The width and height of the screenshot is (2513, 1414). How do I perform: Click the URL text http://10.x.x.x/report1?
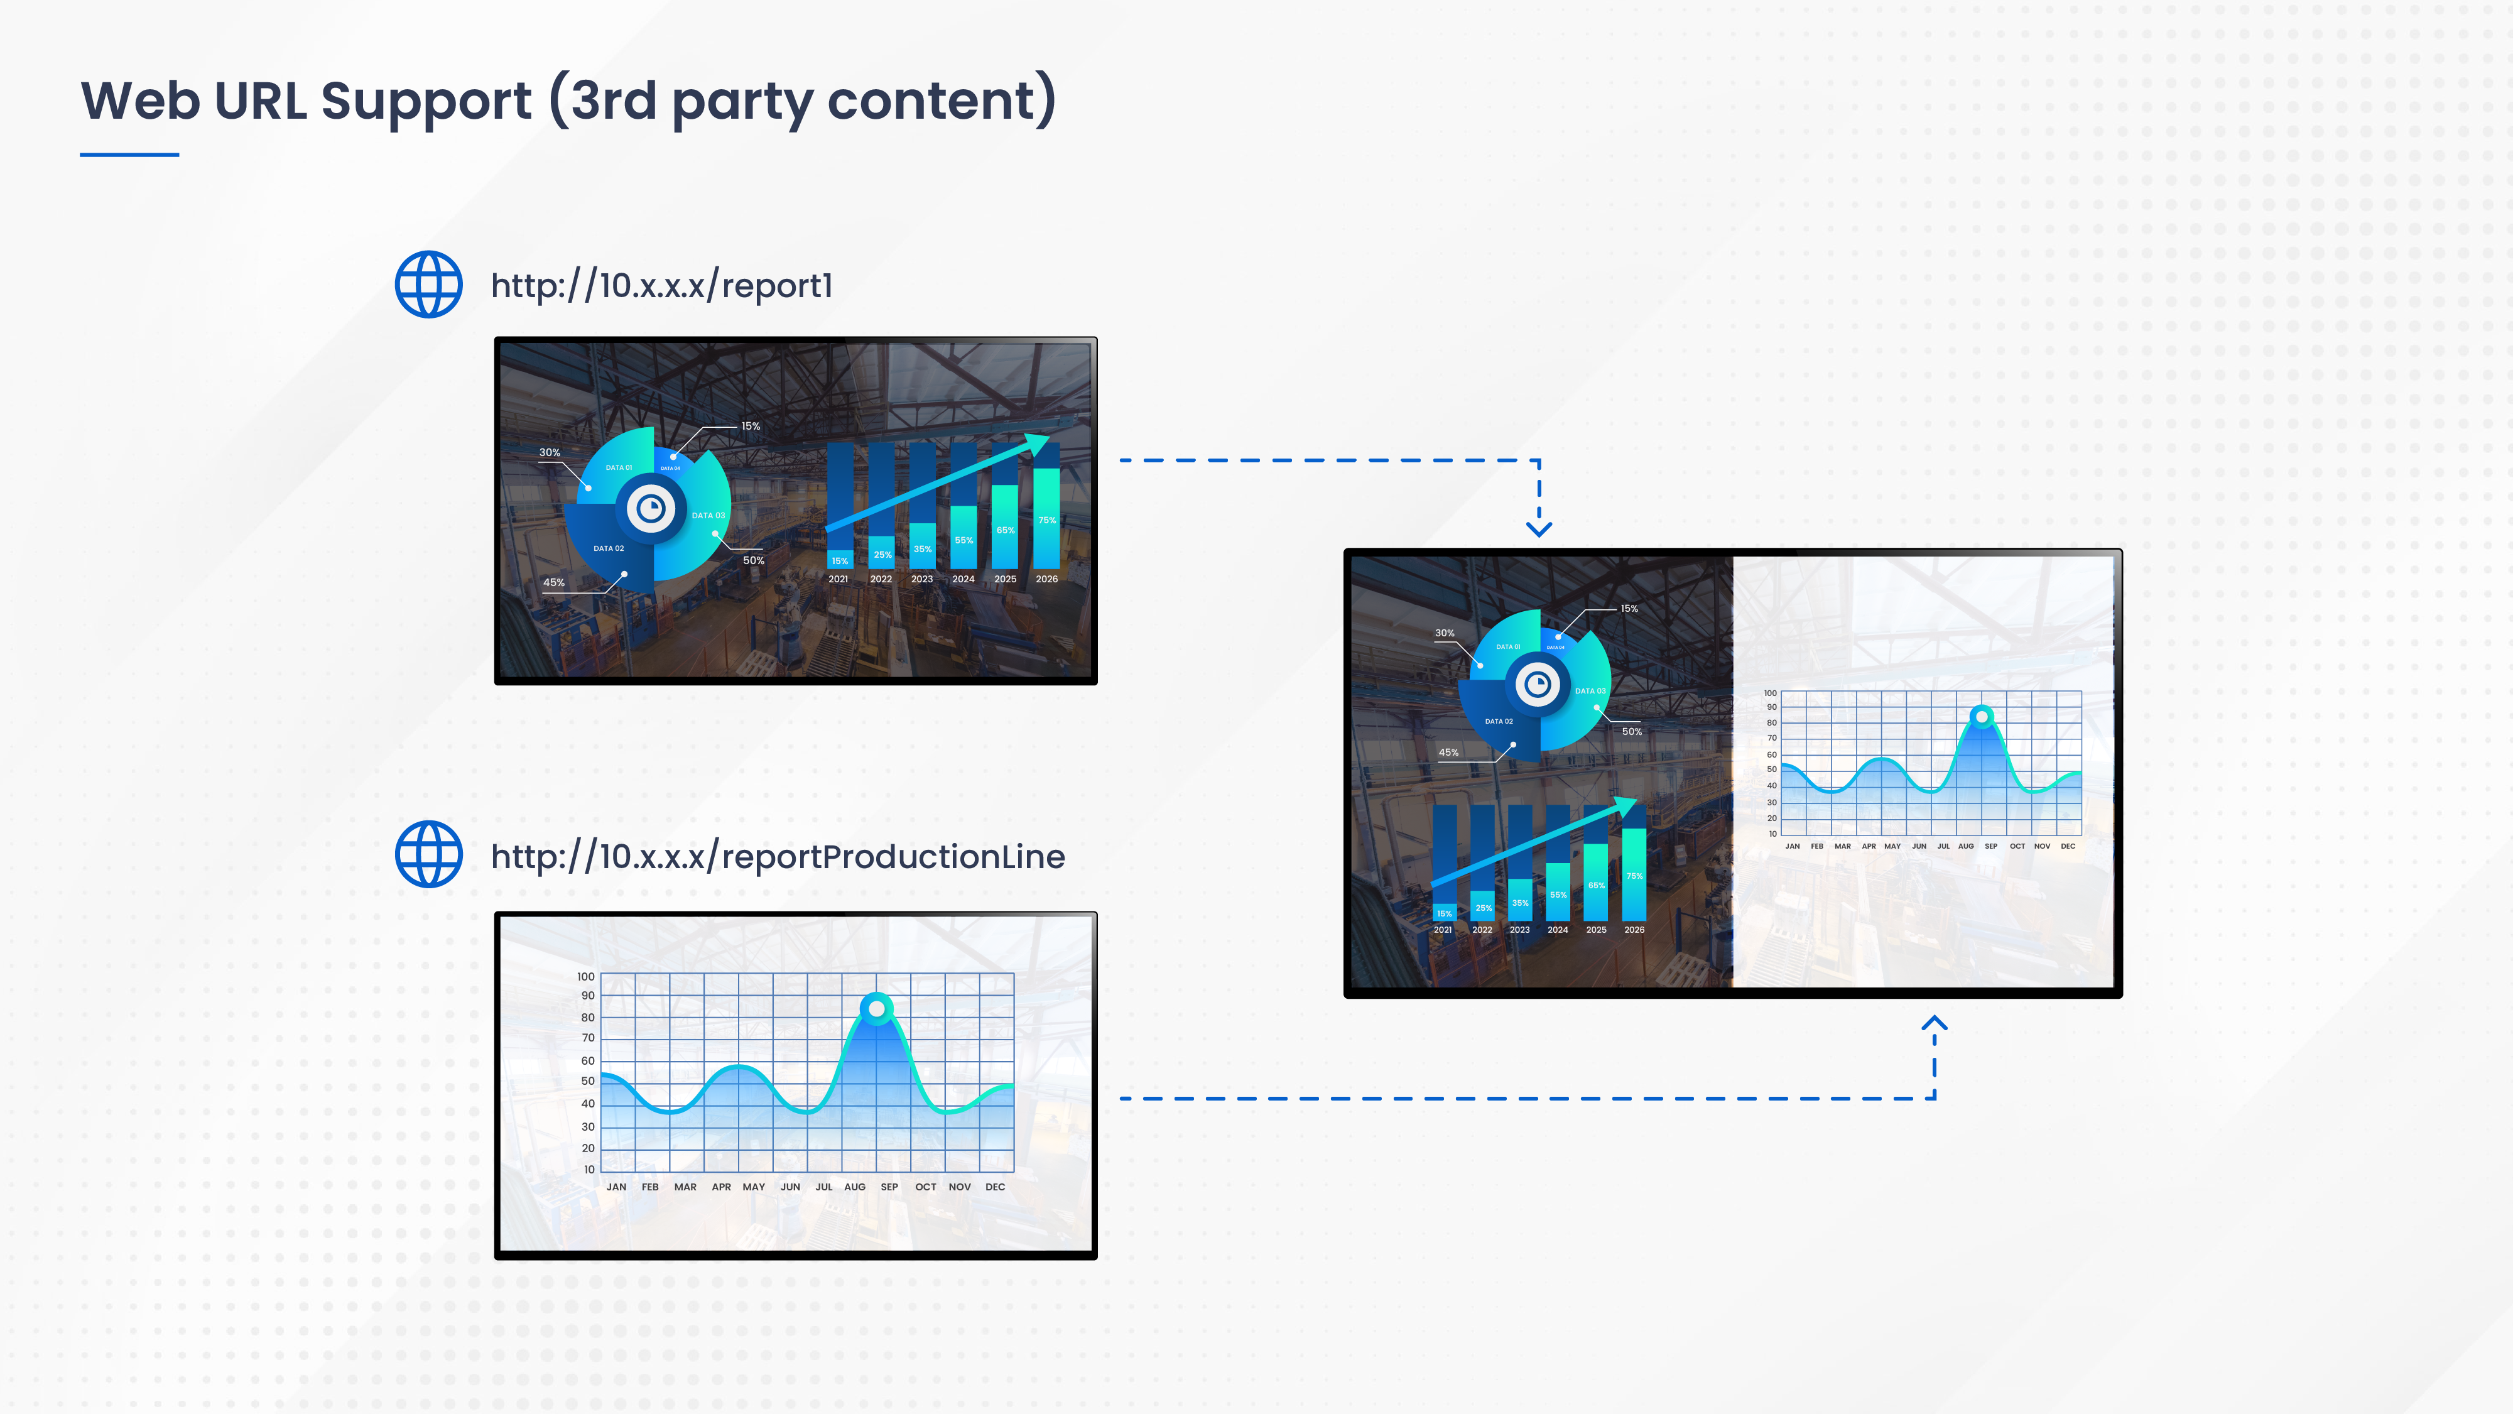coord(661,286)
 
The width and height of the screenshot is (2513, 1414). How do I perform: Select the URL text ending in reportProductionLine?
coord(778,857)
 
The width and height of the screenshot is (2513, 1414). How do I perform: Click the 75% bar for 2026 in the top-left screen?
coord(1047,518)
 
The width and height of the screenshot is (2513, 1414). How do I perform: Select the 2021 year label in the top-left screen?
coord(838,579)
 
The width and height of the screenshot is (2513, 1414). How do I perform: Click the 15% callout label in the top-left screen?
coord(750,427)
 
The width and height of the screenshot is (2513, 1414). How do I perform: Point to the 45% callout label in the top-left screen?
coord(553,582)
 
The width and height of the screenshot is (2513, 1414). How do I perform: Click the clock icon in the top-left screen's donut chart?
coord(651,508)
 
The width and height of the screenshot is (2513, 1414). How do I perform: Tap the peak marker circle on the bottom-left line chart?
coord(877,1008)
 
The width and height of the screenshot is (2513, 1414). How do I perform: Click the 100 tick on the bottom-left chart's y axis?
coord(585,976)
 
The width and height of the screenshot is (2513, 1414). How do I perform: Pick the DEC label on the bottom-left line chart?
coord(994,1187)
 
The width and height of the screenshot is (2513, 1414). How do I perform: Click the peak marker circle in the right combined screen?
coord(1982,716)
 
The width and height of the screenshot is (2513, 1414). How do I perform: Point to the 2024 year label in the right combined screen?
coord(1557,930)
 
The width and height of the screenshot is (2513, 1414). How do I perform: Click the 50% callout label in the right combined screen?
coord(1631,731)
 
